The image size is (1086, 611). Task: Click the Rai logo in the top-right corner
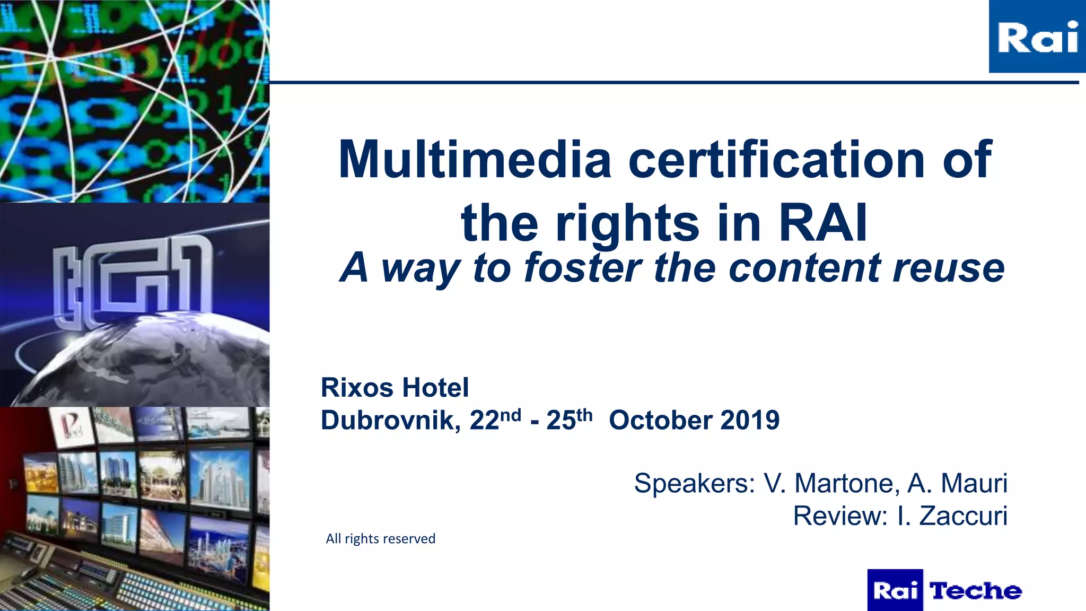(x=1037, y=37)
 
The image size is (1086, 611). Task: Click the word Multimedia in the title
(x=475, y=159)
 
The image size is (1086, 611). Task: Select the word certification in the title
(x=777, y=159)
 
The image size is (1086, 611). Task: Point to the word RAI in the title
(x=823, y=223)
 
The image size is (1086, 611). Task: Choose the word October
(x=660, y=421)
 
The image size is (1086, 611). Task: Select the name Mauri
(x=974, y=483)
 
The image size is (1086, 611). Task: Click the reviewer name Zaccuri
(x=963, y=516)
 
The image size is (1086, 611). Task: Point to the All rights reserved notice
(x=380, y=539)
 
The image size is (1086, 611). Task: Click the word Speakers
(x=694, y=483)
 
